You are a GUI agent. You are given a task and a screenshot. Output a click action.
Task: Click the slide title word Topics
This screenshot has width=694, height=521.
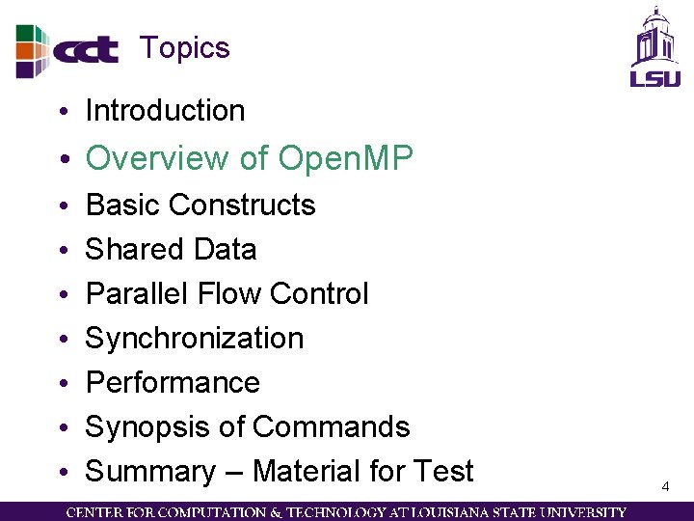click(184, 48)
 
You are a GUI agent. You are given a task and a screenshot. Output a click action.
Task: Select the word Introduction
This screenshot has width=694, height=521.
click(165, 111)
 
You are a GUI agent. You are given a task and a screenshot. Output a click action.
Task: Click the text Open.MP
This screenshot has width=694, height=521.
click(345, 158)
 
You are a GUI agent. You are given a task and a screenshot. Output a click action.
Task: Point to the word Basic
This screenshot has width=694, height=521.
click(120, 206)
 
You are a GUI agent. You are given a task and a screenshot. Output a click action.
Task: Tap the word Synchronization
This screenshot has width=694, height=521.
click(195, 339)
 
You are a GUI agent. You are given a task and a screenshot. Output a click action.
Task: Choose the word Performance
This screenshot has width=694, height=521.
click(173, 383)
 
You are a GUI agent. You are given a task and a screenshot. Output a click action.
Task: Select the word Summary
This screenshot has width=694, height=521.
click(150, 472)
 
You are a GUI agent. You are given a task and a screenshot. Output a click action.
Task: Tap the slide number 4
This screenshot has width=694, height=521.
click(665, 487)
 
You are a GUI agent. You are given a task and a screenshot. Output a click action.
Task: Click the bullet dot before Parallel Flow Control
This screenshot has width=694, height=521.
click(62, 294)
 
